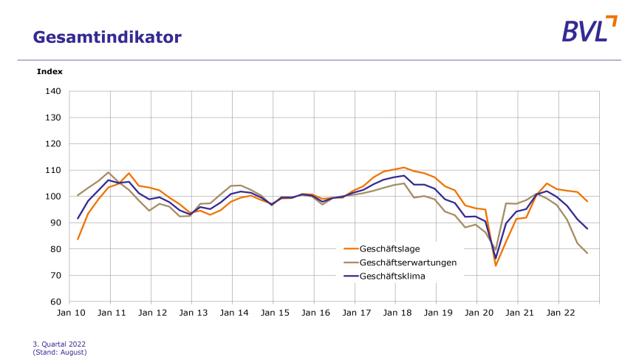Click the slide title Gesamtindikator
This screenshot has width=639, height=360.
(x=107, y=36)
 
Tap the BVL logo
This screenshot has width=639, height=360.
(x=589, y=30)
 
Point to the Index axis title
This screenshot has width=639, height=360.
(x=49, y=72)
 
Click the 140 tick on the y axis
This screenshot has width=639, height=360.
(x=52, y=92)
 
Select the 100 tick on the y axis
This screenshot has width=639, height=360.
(x=52, y=197)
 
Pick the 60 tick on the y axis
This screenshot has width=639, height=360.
(x=55, y=302)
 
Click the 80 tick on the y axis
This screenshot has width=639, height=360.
(x=55, y=249)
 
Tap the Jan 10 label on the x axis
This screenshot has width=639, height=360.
(x=69, y=313)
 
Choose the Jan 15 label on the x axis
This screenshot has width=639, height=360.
(x=273, y=313)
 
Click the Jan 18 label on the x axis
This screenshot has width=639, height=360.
(x=395, y=313)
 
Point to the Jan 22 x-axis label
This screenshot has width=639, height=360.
(x=558, y=313)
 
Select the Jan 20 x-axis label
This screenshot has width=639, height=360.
(x=477, y=313)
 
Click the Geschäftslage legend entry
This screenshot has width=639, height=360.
(x=390, y=249)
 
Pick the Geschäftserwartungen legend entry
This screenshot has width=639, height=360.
(x=408, y=262)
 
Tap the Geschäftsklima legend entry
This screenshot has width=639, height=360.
(x=393, y=276)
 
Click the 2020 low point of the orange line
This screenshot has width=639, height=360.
(x=496, y=266)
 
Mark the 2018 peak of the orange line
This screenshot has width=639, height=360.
(x=404, y=168)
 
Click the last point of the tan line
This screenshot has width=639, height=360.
(x=587, y=254)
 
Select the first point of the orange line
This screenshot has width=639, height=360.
(x=78, y=240)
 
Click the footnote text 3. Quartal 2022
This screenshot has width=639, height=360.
(x=60, y=344)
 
